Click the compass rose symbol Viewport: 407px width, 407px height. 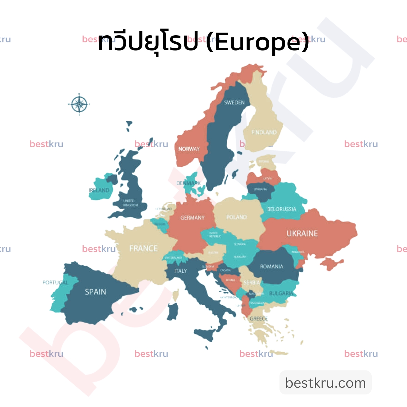click(x=79, y=104)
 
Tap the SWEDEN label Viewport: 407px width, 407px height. click(x=234, y=102)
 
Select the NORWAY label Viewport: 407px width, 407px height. click(x=189, y=149)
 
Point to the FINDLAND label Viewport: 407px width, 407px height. click(x=264, y=132)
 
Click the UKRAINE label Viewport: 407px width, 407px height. click(x=302, y=233)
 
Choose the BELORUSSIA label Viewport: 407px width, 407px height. click(x=282, y=209)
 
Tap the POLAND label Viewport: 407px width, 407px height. click(x=236, y=217)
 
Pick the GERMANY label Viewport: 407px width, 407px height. click(x=192, y=218)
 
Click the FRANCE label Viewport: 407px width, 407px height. click(x=143, y=249)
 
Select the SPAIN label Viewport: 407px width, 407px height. click(x=95, y=292)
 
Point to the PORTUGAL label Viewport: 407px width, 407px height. click(x=55, y=283)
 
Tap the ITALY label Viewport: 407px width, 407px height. click(x=180, y=271)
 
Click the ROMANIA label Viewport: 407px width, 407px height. click(x=271, y=267)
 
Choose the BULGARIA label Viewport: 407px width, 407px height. click(x=281, y=293)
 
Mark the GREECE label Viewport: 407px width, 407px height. click(x=258, y=319)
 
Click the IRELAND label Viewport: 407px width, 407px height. click(x=99, y=190)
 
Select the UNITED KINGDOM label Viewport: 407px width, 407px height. click(x=131, y=203)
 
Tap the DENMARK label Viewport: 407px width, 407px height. click(x=188, y=183)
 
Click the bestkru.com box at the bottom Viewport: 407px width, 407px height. click(x=326, y=383)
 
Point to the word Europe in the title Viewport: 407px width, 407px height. click(x=257, y=42)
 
